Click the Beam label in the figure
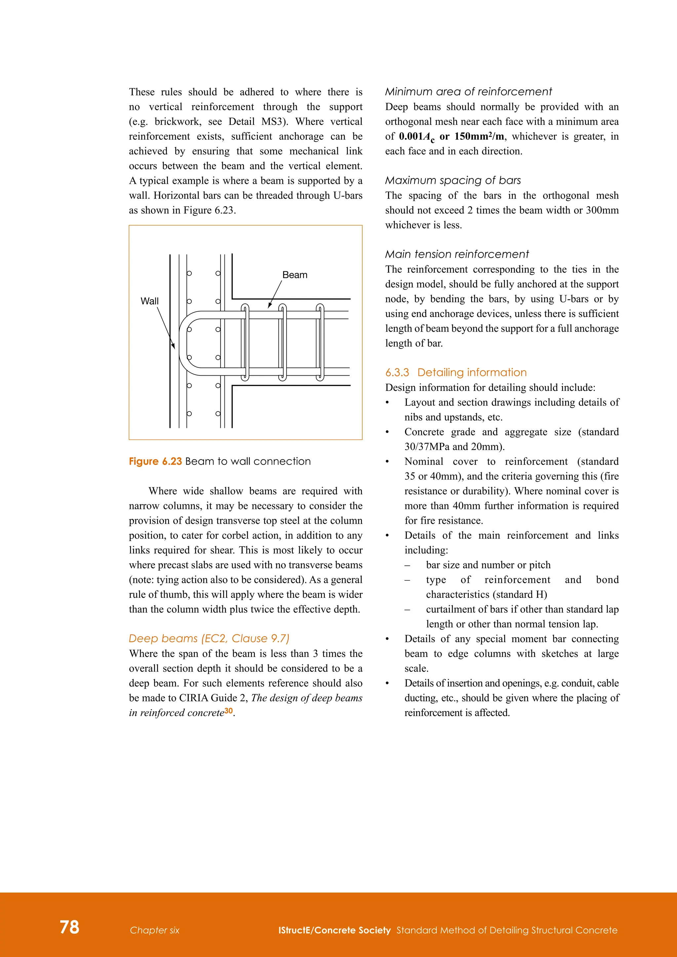point(295,275)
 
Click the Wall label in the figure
point(150,301)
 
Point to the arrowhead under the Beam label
point(270,306)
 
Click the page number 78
point(69,927)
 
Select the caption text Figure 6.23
point(155,461)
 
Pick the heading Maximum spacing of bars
point(453,180)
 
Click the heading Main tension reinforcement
point(457,254)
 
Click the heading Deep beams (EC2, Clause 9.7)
point(209,638)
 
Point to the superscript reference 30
point(228,711)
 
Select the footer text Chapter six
point(154,930)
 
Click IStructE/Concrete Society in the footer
point(334,930)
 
